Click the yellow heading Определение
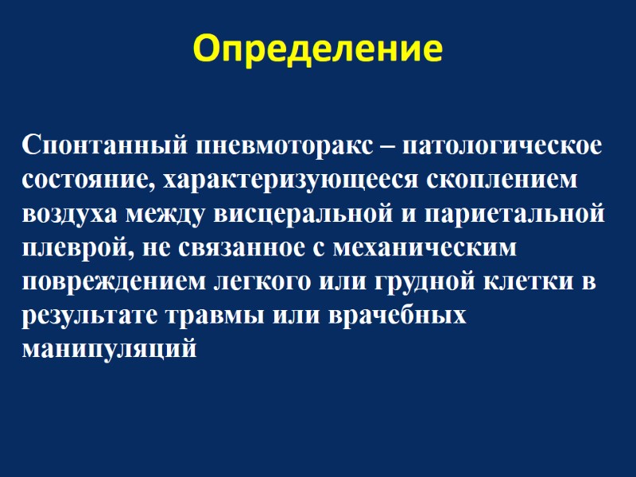(x=318, y=48)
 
